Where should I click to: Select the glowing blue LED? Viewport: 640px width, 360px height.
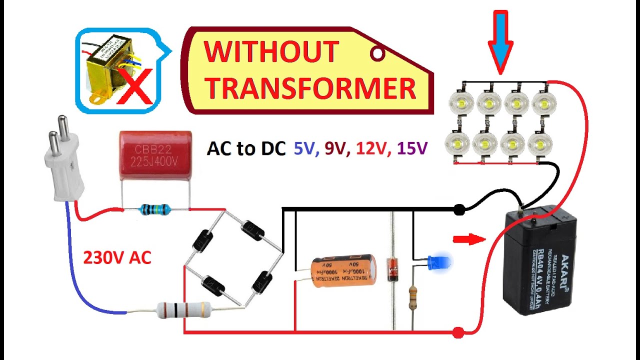(440, 261)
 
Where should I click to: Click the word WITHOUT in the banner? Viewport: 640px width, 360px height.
(271, 52)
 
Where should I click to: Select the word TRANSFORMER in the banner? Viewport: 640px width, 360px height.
(310, 88)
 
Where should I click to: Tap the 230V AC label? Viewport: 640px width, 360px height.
(117, 257)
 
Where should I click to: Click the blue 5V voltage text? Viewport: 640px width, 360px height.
(304, 148)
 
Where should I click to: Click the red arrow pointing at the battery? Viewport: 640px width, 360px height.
(468, 239)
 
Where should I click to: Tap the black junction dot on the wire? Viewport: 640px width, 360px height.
(459, 210)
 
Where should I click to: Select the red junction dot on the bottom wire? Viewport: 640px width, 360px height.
(457, 332)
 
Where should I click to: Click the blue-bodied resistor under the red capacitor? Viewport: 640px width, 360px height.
(155, 209)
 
